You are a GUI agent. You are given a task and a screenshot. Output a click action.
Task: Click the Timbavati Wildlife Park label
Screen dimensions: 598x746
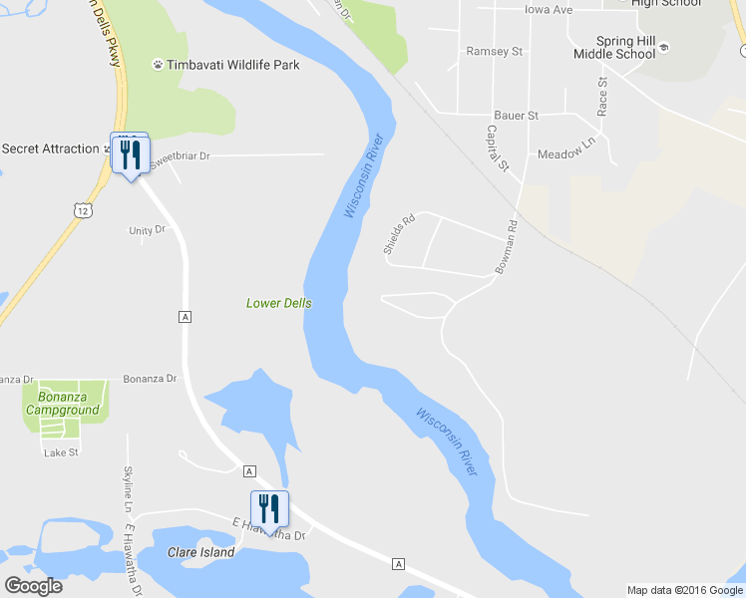(232, 65)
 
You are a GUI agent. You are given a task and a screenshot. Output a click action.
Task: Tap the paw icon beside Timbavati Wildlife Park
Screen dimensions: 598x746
(158, 65)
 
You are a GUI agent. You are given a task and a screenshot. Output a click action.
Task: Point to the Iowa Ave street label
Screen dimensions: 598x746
(549, 9)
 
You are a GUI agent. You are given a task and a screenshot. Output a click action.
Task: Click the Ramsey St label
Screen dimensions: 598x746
(495, 51)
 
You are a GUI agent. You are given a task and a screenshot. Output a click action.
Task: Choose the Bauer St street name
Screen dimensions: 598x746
(517, 116)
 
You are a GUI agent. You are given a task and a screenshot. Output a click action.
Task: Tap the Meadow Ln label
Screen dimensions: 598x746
(565, 154)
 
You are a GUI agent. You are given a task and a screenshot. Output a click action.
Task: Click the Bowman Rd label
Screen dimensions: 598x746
(508, 247)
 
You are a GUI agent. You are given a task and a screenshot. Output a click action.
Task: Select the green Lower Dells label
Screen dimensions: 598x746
(279, 303)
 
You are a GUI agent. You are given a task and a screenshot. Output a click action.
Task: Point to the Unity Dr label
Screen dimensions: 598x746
(147, 230)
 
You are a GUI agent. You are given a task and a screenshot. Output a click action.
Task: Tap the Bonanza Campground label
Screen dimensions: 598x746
(63, 403)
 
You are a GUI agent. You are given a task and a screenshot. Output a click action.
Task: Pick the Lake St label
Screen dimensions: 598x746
(61, 452)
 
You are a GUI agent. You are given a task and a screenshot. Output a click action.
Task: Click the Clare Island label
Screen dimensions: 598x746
(201, 552)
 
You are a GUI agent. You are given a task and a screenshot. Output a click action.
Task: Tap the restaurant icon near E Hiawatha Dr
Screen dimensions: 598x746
(269, 508)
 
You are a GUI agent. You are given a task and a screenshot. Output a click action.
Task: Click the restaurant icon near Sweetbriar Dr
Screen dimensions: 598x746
(130, 154)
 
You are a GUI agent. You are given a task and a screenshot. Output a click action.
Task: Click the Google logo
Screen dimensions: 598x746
(33, 586)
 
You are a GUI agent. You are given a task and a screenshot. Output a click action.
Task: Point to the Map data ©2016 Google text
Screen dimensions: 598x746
(683, 590)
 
